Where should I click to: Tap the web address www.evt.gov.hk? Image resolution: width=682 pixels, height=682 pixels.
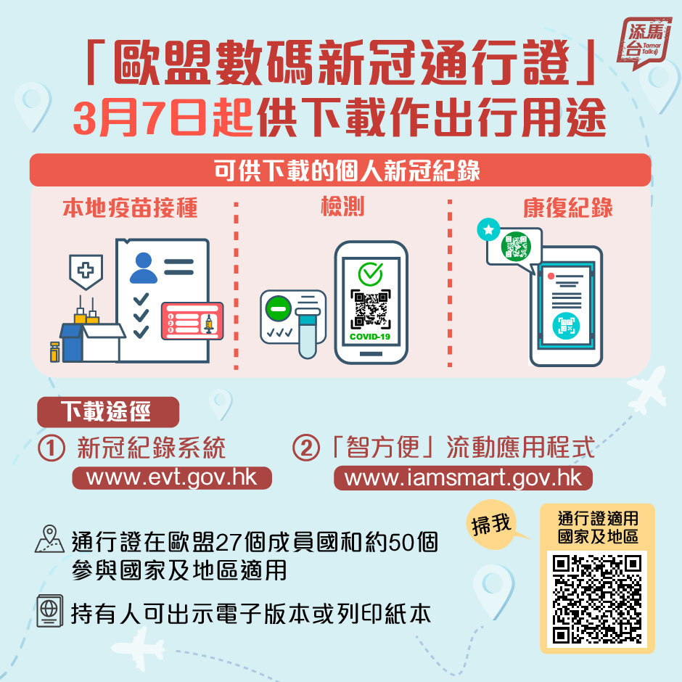click(x=172, y=477)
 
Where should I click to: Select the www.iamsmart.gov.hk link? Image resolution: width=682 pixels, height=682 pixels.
click(x=463, y=478)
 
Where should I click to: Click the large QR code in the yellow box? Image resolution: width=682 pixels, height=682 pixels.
click(x=597, y=599)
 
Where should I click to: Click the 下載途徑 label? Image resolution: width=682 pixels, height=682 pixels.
click(x=108, y=411)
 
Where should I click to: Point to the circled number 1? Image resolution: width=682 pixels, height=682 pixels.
click(x=52, y=448)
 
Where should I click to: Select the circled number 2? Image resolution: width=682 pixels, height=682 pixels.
click(x=305, y=448)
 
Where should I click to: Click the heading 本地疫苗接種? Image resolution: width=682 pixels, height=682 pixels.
click(x=131, y=208)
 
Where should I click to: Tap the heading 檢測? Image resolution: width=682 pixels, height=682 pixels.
click(x=342, y=206)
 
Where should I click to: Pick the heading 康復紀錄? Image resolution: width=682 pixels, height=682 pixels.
click(x=567, y=208)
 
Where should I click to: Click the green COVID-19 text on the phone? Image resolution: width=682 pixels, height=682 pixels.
click(x=370, y=337)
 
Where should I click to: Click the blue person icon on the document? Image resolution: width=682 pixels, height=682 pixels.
click(x=144, y=268)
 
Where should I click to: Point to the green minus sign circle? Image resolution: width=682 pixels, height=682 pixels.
click(x=279, y=308)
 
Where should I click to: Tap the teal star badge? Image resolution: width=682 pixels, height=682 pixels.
click(x=488, y=229)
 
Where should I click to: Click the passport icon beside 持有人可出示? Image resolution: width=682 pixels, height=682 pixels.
click(x=49, y=611)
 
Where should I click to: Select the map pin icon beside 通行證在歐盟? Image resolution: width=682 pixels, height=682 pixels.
click(x=49, y=538)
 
